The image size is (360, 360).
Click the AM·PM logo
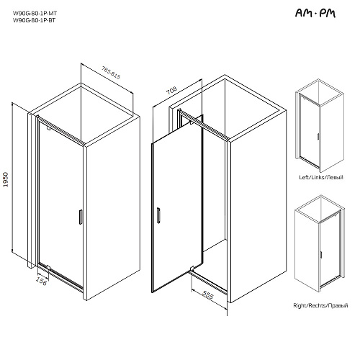point(315,13)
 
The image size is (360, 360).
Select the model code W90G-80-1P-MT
point(35,13)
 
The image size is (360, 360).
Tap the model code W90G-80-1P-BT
point(34,20)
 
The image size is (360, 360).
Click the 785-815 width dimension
point(111,73)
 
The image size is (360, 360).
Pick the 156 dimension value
point(41,281)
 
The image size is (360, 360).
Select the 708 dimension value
point(172,90)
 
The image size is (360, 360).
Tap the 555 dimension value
point(207,295)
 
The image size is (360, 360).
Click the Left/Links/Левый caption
point(321,177)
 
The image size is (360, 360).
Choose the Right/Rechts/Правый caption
point(320,305)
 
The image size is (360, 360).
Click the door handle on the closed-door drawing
point(81,217)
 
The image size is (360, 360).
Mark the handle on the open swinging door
point(158,215)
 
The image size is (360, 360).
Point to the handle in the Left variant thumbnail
point(318,136)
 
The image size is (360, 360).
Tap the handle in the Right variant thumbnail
point(321,255)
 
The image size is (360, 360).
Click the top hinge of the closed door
point(49,127)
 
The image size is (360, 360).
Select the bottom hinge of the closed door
point(48,267)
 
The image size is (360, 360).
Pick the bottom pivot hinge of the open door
point(192,269)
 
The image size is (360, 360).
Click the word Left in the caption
point(304,177)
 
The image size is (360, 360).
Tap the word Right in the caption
point(300,305)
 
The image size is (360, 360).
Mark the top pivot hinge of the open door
point(192,122)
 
